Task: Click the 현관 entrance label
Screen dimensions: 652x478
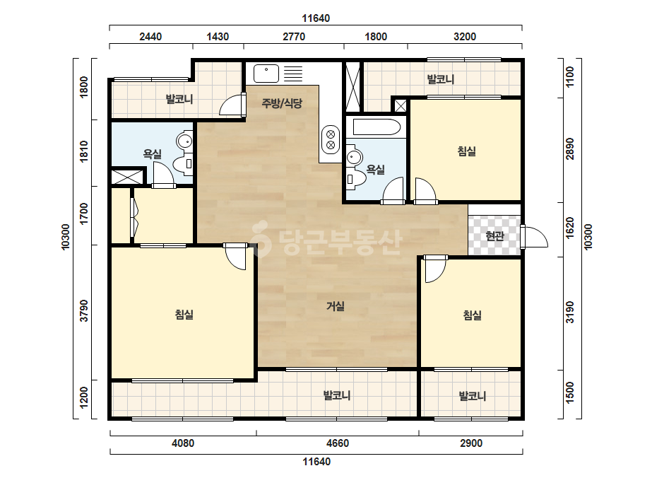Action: tap(494, 236)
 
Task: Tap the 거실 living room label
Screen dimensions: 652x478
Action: tap(335, 306)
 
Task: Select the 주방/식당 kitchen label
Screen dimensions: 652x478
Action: tap(282, 103)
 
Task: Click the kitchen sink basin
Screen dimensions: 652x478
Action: tap(266, 74)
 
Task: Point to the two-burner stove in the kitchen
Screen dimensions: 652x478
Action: tap(331, 139)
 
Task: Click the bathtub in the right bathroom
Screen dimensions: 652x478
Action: tap(377, 127)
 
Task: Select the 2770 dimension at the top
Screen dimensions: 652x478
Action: tap(294, 37)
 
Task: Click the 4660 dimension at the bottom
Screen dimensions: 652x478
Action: tap(337, 443)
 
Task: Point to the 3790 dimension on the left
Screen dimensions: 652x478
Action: tap(84, 310)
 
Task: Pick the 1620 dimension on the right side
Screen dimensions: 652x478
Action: tap(569, 228)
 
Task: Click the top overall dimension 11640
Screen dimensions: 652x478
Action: tap(316, 18)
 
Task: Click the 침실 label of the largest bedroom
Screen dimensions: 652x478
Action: tap(184, 315)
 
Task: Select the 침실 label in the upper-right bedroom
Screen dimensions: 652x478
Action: tap(466, 151)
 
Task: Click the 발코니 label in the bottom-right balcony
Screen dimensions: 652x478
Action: tap(473, 395)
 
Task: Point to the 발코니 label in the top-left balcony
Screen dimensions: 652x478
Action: tap(179, 99)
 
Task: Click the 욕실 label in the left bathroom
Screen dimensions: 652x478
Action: tap(152, 154)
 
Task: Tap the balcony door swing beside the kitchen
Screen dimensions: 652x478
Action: tap(231, 105)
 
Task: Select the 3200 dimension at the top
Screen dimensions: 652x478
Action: tap(465, 37)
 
